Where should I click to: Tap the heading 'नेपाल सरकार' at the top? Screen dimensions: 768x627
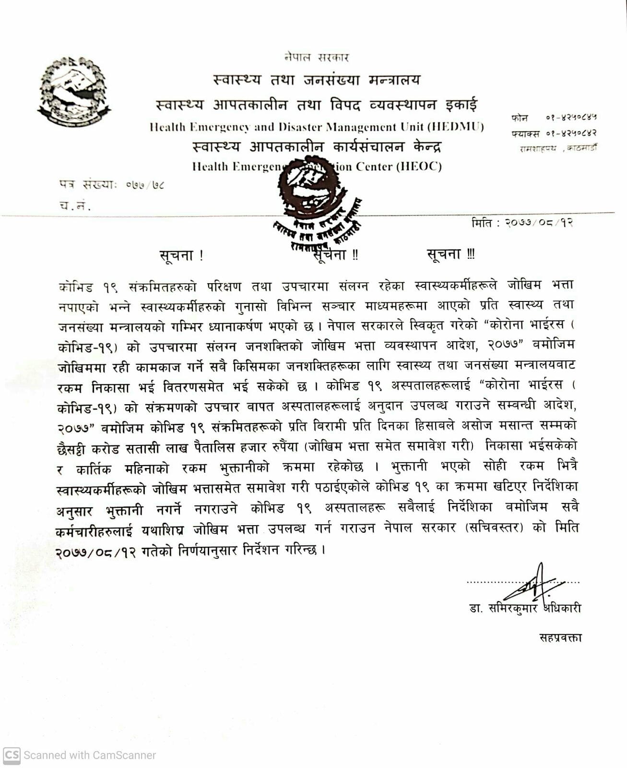point(316,58)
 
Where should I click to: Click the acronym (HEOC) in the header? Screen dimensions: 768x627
point(419,167)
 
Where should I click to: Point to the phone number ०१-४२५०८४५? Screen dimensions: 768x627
point(571,118)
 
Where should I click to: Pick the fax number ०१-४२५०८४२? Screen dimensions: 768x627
point(571,133)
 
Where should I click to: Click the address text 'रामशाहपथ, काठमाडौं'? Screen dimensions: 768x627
point(558,148)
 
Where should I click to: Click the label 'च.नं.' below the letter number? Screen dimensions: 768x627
point(75,205)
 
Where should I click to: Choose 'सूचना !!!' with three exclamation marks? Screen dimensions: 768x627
point(450,254)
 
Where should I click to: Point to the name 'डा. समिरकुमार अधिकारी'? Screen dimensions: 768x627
point(525,609)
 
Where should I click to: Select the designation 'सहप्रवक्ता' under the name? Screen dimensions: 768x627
point(560,638)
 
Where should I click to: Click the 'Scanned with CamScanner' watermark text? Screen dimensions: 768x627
point(90,755)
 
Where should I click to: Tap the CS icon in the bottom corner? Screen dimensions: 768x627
point(12,755)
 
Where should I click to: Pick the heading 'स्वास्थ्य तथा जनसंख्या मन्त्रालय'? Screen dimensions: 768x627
point(316,80)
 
